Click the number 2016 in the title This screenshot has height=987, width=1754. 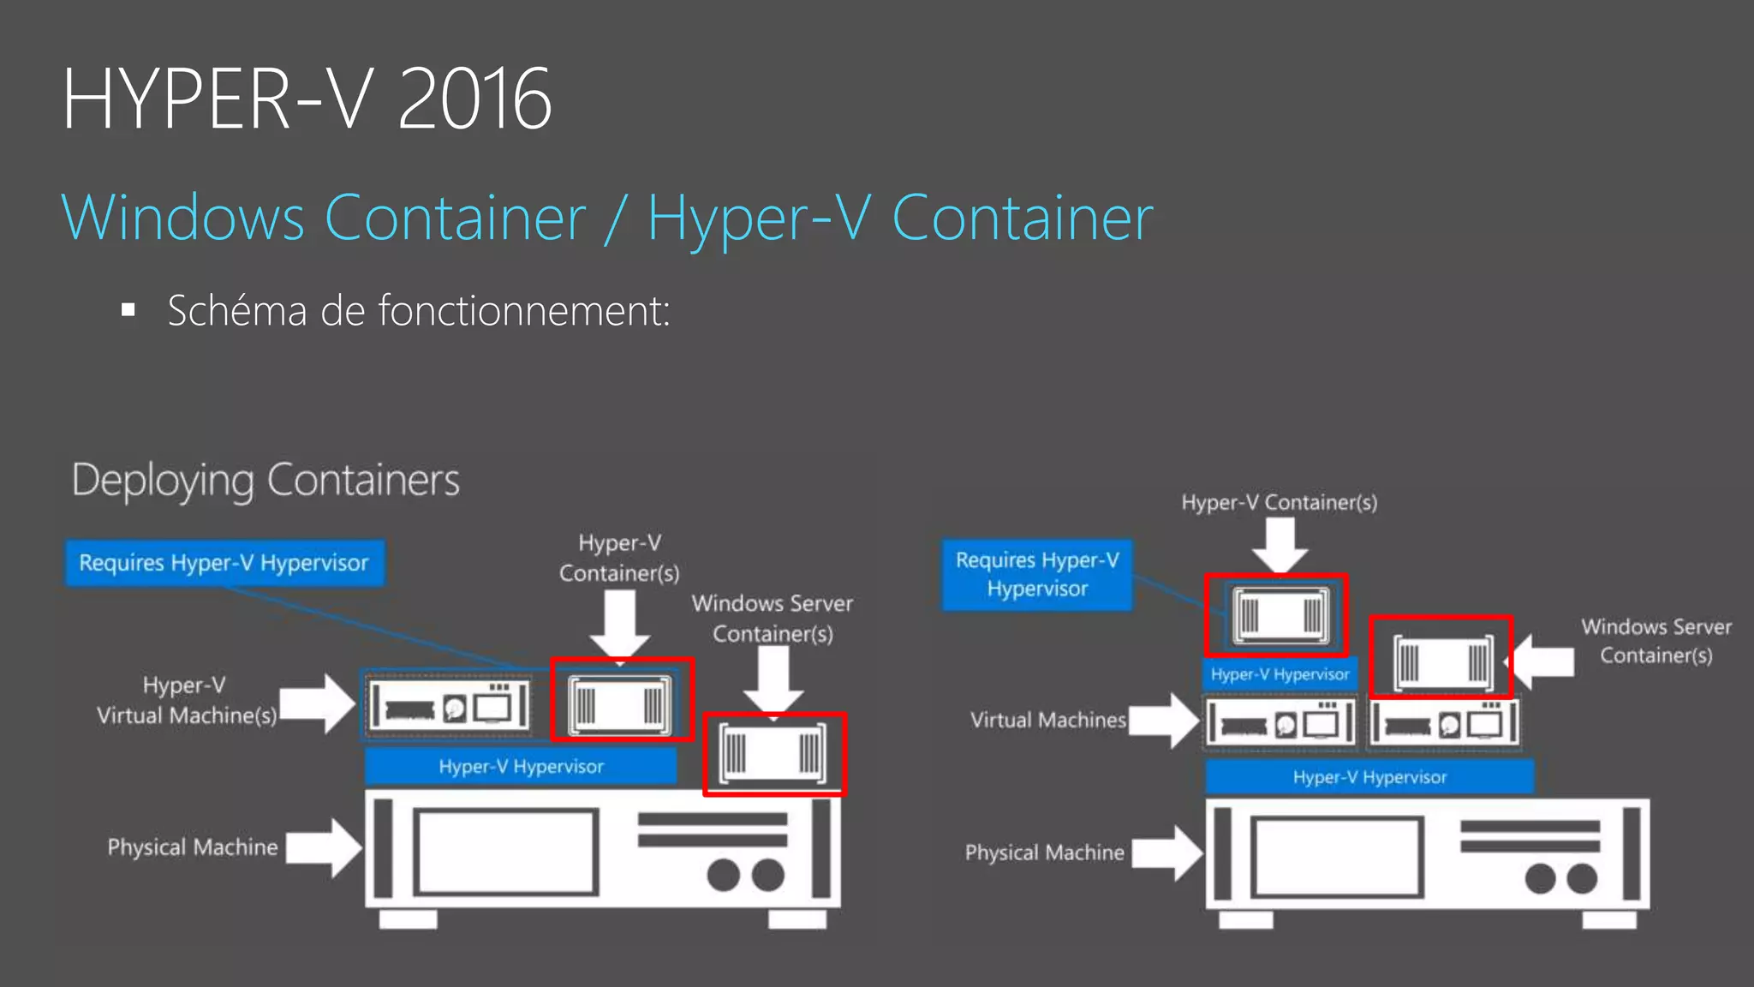[x=474, y=99]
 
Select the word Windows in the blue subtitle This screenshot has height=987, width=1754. [x=182, y=218]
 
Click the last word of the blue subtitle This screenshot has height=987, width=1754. [x=1023, y=218]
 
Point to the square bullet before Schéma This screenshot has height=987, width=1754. [x=128, y=310]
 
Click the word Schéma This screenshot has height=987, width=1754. [x=236, y=310]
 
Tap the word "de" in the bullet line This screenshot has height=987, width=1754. [x=342, y=310]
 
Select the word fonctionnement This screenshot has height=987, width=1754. [x=523, y=310]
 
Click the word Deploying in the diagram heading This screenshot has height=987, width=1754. [x=163, y=481]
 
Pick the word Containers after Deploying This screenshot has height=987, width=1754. [x=363, y=480]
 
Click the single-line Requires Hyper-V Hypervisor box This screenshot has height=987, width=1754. [x=224, y=563]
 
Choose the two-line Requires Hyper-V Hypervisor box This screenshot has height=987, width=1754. [x=1037, y=574]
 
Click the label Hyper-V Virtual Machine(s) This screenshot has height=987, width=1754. [x=186, y=700]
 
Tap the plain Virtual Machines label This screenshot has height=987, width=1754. [x=1047, y=721]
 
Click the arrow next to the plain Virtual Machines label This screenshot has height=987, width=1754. [x=1166, y=721]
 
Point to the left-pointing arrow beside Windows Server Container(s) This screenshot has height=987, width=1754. [x=1542, y=661]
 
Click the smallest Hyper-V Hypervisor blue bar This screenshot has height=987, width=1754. [x=1280, y=674]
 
